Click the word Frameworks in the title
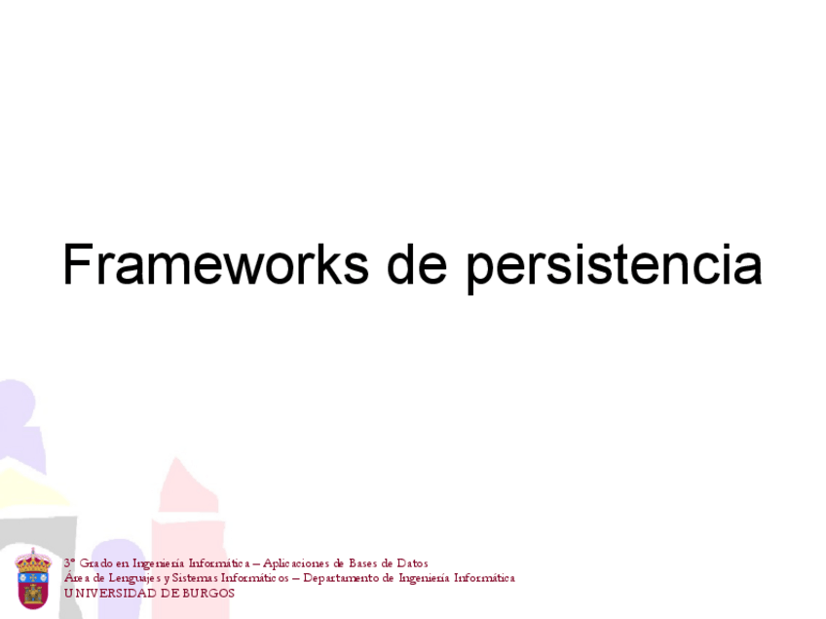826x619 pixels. (x=215, y=265)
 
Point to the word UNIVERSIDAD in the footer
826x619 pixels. (x=110, y=593)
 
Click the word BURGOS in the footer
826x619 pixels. (x=208, y=593)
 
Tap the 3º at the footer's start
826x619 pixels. (x=70, y=563)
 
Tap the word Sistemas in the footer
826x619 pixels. (x=196, y=578)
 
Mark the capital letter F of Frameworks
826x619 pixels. (x=77, y=265)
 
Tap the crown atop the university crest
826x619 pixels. (x=33, y=559)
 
